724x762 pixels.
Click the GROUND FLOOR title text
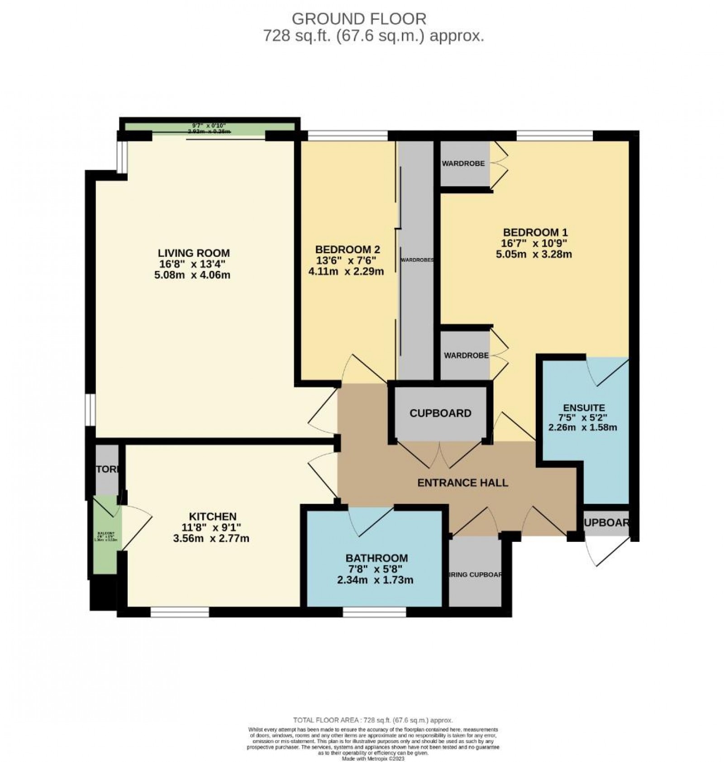click(x=359, y=19)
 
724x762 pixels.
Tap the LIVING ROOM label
click(x=194, y=253)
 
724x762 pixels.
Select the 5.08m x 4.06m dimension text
click(x=193, y=275)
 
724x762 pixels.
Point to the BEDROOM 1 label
click(x=533, y=233)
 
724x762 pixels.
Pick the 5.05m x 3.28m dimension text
click(x=534, y=254)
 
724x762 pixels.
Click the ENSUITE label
click(x=584, y=407)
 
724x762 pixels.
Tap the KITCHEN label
click(x=213, y=516)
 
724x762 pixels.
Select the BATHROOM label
click(x=376, y=558)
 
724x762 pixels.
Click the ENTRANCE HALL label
click(x=462, y=483)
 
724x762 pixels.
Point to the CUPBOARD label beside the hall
click(x=440, y=413)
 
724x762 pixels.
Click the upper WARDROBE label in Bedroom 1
click(x=463, y=164)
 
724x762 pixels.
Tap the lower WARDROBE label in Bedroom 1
click(x=466, y=356)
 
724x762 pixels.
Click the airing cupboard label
click(x=475, y=575)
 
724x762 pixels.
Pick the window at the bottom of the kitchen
click(x=180, y=612)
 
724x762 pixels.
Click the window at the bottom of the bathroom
click(x=374, y=612)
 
